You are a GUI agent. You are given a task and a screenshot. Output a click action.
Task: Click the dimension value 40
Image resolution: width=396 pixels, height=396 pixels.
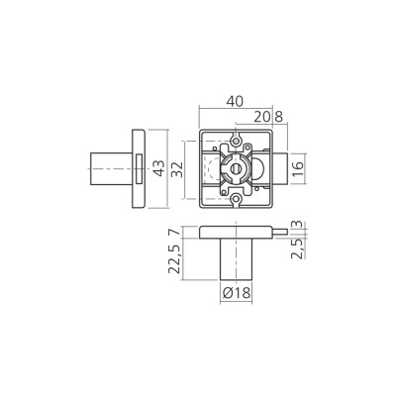[235, 101]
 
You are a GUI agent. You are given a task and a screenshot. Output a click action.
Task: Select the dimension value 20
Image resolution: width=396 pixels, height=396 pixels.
[262, 117]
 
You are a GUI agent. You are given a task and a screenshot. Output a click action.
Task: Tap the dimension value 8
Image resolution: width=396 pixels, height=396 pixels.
[279, 117]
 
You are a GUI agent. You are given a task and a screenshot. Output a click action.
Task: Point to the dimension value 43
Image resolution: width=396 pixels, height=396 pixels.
[159, 168]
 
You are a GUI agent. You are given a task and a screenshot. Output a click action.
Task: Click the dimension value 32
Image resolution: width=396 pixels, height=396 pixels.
[178, 169]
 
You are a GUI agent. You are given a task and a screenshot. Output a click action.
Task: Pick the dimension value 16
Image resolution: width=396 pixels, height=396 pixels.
[298, 169]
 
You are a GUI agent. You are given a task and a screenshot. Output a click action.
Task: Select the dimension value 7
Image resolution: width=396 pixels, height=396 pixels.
[175, 232]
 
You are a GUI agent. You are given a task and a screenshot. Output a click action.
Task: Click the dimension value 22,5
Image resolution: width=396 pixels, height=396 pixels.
[175, 259]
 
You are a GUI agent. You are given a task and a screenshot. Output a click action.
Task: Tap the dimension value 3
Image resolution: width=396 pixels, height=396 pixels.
[298, 225]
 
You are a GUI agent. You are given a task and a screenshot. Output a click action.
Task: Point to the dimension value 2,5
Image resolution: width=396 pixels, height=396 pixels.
[298, 248]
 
